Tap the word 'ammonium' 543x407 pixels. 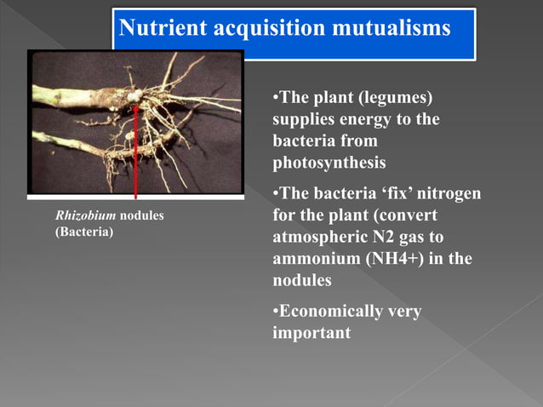coord(313,259)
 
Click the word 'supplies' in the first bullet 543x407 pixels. coord(305,119)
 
